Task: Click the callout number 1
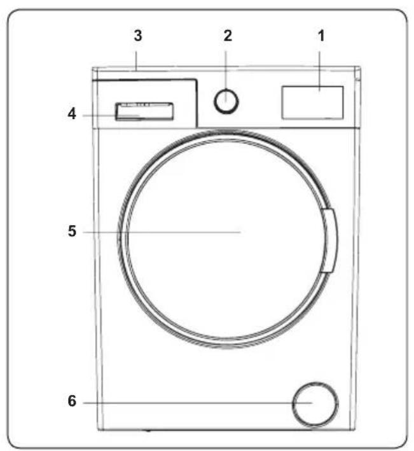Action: (321, 36)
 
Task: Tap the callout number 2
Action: (228, 36)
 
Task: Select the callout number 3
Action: (138, 36)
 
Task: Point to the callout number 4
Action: (72, 114)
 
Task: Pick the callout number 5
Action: (72, 231)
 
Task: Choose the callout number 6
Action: (72, 401)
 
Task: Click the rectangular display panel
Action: (312, 102)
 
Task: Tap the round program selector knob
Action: (226, 101)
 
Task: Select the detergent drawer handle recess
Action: (144, 111)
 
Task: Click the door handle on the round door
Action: (329, 240)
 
